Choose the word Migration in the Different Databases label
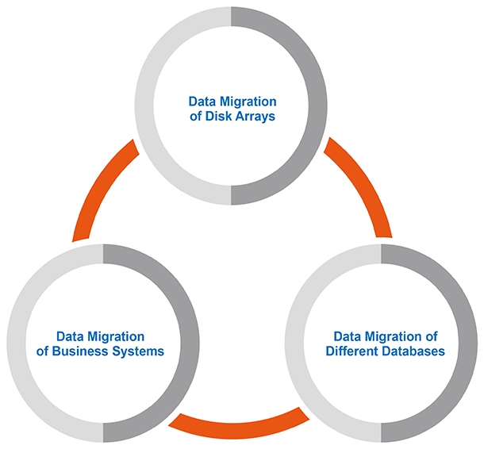coord(391,336)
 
